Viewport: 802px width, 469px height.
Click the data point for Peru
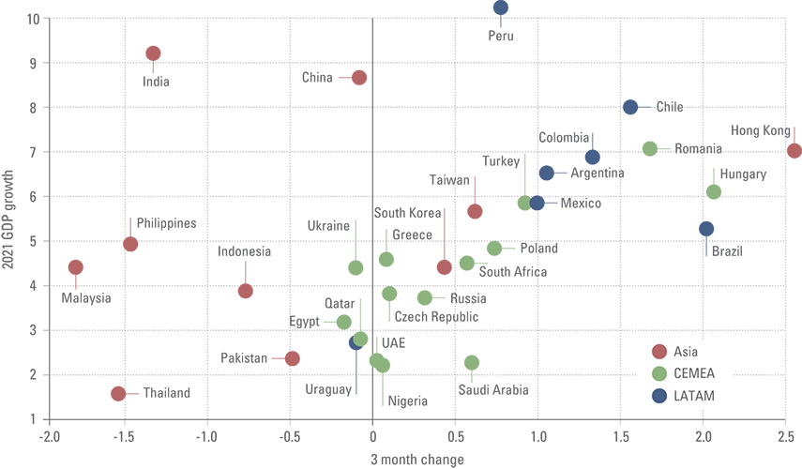pyautogui.click(x=500, y=8)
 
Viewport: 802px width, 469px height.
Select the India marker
pyautogui.click(x=153, y=53)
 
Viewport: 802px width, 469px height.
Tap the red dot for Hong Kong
pyautogui.click(x=794, y=151)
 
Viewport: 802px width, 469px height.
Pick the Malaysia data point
pyautogui.click(x=76, y=267)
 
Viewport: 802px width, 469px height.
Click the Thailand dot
pyautogui.click(x=118, y=394)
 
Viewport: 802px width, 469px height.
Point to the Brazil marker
pyautogui.click(x=706, y=229)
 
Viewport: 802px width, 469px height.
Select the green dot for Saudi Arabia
pyautogui.click(x=472, y=362)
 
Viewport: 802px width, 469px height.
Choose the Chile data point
pyautogui.click(x=630, y=107)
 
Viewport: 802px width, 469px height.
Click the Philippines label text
pyautogui.click(x=166, y=223)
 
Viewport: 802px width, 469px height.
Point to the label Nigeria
pyautogui.click(x=407, y=401)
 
